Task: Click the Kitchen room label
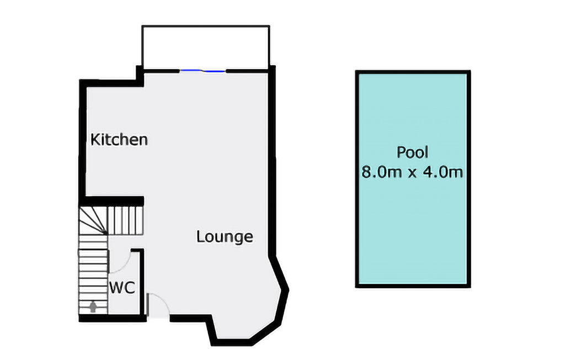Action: (119, 139)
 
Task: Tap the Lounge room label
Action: (225, 237)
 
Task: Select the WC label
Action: (121, 288)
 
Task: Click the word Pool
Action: (412, 152)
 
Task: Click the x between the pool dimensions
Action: (412, 173)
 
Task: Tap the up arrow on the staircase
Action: (93, 306)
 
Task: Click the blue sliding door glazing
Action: (203, 71)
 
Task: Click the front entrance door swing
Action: (158, 305)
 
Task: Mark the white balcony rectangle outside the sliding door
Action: (205, 47)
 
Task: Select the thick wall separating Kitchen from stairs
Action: (113, 200)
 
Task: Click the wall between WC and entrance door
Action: (142, 282)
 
